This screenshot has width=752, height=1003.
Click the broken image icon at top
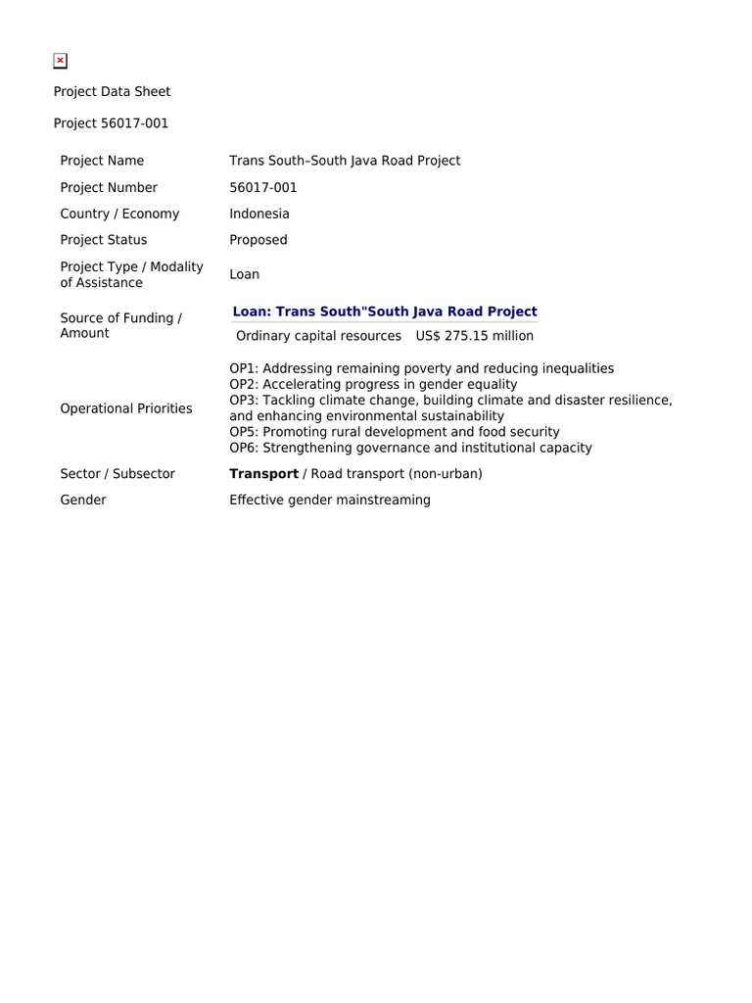tap(60, 61)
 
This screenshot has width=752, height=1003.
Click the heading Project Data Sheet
tap(112, 91)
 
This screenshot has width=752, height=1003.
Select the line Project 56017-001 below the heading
tap(111, 123)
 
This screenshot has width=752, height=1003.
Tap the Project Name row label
tap(102, 161)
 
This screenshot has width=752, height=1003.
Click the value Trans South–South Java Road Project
tap(345, 161)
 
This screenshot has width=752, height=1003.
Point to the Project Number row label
tap(109, 187)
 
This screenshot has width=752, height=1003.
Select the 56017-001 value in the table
tap(263, 187)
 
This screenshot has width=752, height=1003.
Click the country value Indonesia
tap(259, 214)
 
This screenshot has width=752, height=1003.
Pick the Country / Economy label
tap(119, 214)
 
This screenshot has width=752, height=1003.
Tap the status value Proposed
tap(258, 240)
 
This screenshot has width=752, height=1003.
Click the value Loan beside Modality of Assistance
tap(245, 274)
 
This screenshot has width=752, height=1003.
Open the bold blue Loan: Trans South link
tap(385, 311)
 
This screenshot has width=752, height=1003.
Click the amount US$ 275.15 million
tap(475, 336)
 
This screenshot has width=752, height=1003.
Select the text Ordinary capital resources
tap(319, 336)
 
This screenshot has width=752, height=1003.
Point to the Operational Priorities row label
tap(126, 408)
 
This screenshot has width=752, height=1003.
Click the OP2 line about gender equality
tap(373, 385)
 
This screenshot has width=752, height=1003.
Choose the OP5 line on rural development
tap(395, 432)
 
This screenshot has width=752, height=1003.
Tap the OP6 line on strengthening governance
tap(410, 448)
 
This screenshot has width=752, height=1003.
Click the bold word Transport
tap(263, 474)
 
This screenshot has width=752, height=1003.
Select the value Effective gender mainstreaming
tap(330, 500)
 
